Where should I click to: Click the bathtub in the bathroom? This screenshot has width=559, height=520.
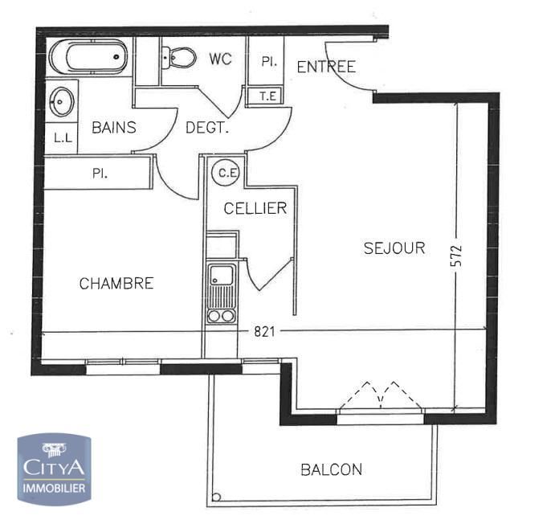pyautogui.click(x=88, y=57)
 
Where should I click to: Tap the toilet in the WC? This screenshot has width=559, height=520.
pyautogui.click(x=179, y=57)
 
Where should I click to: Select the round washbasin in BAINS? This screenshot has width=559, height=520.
pyautogui.click(x=61, y=102)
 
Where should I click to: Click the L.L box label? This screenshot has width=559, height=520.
pyautogui.click(x=63, y=137)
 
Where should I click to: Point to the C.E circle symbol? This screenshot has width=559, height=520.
pyautogui.click(x=226, y=173)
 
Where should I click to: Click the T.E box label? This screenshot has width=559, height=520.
pyautogui.click(x=267, y=96)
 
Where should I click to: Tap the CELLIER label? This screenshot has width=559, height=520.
pyautogui.click(x=255, y=208)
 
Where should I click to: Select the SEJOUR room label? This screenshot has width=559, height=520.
pyautogui.click(x=394, y=248)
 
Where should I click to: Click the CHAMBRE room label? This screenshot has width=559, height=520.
pyautogui.click(x=116, y=284)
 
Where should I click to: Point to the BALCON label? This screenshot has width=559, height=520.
pyautogui.click(x=332, y=469)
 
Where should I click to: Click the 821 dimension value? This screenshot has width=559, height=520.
pyautogui.click(x=264, y=332)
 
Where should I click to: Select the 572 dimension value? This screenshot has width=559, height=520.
pyautogui.click(x=456, y=256)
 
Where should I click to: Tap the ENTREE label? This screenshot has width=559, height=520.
pyautogui.click(x=326, y=67)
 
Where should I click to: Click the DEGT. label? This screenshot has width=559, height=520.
pyautogui.click(x=206, y=127)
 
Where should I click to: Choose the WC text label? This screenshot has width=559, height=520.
pyautogui.click(x=221, y=59)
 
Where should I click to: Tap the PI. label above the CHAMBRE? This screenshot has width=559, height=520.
pyautogui.click(x=100, y=174)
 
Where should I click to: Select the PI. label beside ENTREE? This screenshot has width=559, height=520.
pyautogui.click(x=269, y=61)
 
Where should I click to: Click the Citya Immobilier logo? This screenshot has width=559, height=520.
pyautogui.click(x=54, y=469)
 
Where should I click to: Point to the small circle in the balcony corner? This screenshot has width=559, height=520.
pyautogui.click(x=216, y=497)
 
